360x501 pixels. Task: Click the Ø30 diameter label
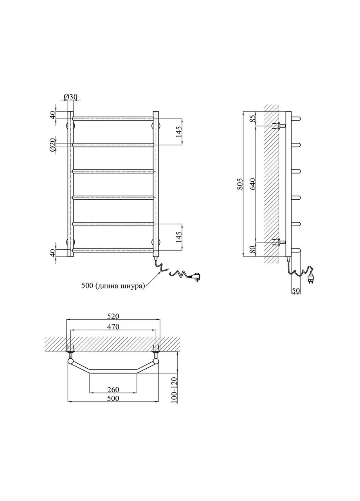(70, 97)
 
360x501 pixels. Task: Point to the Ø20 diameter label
(52, 145)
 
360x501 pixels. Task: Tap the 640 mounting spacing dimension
(253, 184)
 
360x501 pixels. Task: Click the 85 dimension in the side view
(253, 119)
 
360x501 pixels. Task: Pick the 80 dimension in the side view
(253, 249)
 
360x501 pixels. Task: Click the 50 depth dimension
(296, 290)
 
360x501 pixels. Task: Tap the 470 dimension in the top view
(113, 326)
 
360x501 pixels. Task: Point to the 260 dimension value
(113, 389)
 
